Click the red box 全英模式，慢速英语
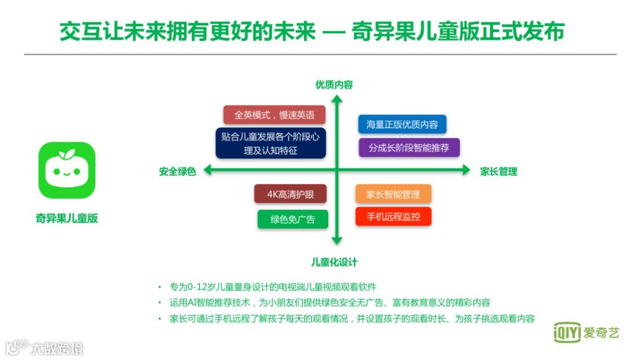pyautogui.click(x=269, y=114)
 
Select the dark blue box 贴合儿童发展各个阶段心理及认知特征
pyautogui.click(x=270, y=144)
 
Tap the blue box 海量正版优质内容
pyautogui.click(x=402, y=124)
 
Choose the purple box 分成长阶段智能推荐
pyautogui.click(x=409, y=148)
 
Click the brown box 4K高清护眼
pyautogui.click(x=290, y=194)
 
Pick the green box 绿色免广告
pyautogui.click(x=293, y=219)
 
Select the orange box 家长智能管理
pyautogui.click(x=393, y=194)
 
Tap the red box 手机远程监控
pyautogui.click(x=393, y=216)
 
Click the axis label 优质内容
pyautogui.click(x=334, y=85)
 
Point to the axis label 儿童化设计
pyautogui.click(x=334, y=262)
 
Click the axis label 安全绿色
pyautogui.click(x=177, y=171)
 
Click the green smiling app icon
pyautogui.click(x=66, y=170)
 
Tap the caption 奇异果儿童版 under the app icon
pyautogui.click(x=66, y=218)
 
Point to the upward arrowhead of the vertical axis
pyautogui.click(x=337, y=99)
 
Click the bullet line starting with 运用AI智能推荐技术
pyautogui.click(x=330, y=302)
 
